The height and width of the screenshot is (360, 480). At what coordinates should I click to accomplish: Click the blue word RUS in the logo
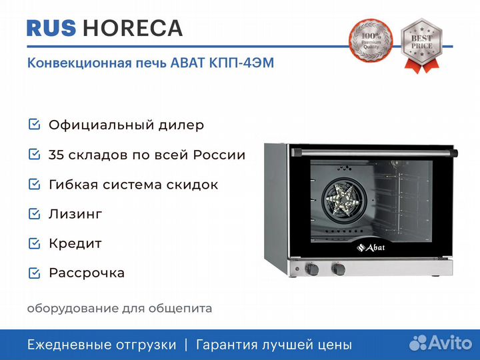coord(51,28)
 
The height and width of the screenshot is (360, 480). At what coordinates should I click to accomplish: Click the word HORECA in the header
coord(133,28)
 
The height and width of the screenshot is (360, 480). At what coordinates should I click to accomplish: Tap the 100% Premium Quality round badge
coord(371,41)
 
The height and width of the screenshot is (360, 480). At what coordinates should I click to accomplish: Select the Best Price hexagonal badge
coord(422,45)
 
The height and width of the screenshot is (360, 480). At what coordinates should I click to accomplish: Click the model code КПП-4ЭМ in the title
coord(241,63)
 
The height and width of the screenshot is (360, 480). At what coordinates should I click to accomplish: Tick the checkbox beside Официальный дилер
coord(34,124)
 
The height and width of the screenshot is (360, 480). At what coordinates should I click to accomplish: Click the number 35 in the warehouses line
coord(57,155)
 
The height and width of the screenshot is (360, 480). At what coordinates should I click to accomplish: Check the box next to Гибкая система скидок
coord(34,184)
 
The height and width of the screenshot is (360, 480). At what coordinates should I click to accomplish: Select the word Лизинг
coord(75,214)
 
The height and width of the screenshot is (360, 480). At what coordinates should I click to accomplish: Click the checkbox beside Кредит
coord(34,243)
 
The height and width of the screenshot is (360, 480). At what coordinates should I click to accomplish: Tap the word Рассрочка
coord(87,273)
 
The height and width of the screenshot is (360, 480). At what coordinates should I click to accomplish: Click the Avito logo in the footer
coord(441,343)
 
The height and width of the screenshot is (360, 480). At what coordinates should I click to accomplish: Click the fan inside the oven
coord(345,200)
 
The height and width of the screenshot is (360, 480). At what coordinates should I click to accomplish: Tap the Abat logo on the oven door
coord(371,247)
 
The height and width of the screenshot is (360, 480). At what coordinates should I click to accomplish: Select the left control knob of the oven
coord(312,269)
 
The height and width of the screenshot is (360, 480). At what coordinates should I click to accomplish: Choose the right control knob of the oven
coord(339,269)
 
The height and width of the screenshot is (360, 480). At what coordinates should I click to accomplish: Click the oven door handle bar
coord(374,153)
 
